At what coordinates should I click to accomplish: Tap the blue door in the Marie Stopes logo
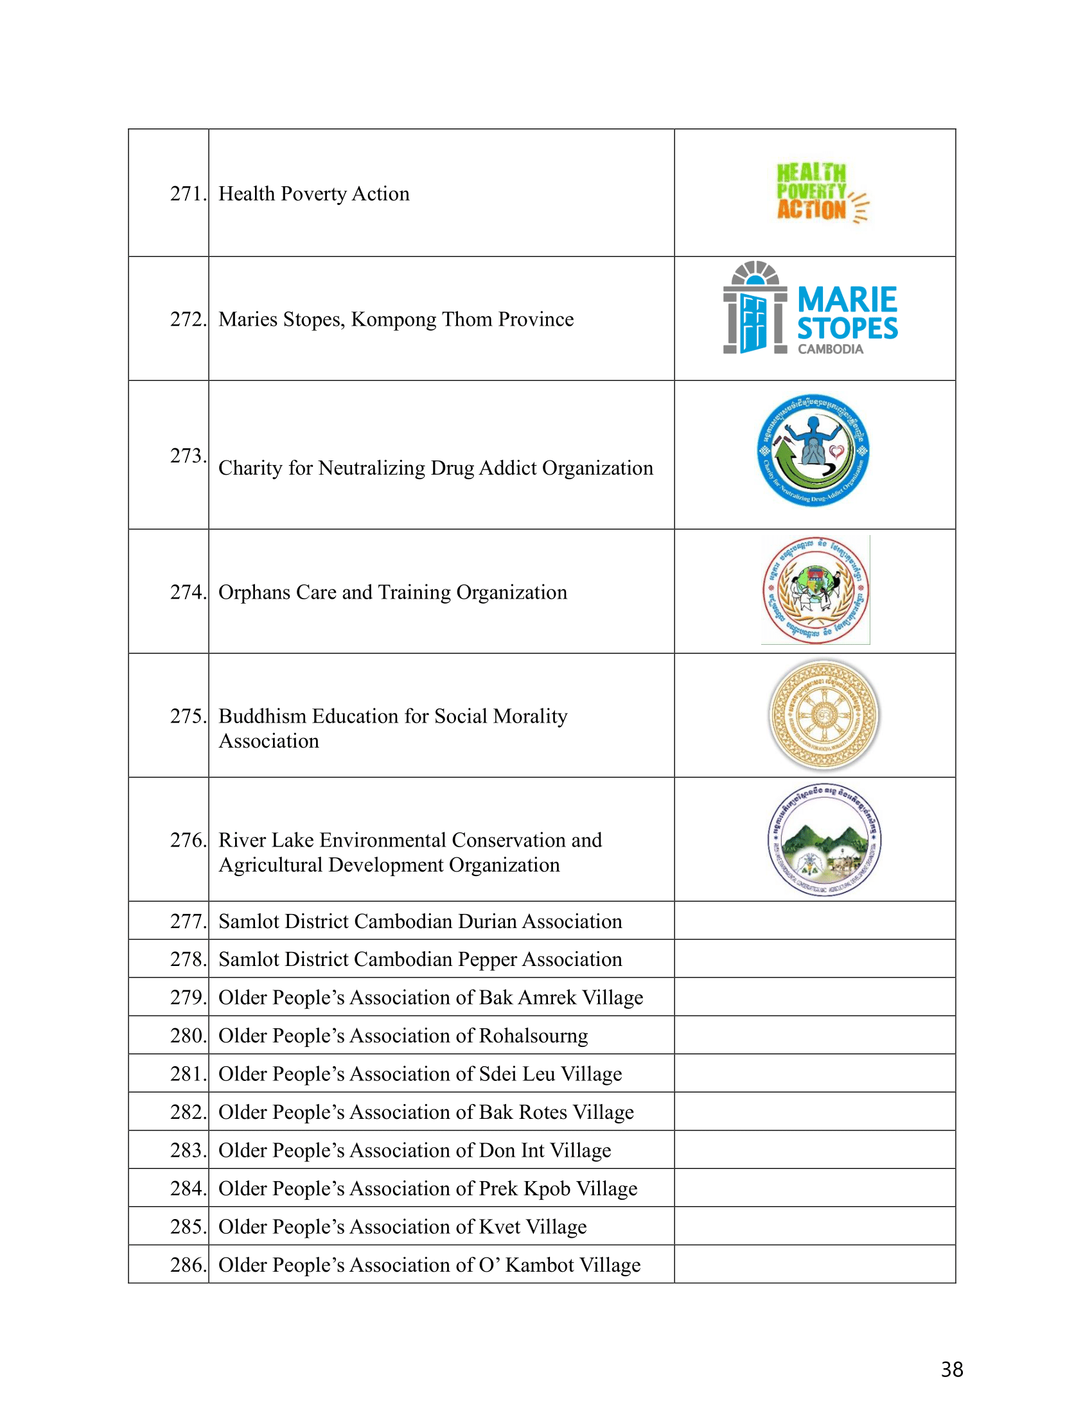[753, 322]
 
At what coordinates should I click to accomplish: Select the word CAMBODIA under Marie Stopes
[830, 349]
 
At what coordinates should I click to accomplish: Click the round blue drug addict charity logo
[813, 450]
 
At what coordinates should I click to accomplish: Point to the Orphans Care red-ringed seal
[815, 590]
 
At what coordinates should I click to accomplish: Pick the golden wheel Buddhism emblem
[823, 715]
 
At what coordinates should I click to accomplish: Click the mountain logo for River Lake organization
[824, 840]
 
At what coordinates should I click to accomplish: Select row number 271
[187, 193]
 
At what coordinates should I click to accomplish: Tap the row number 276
[187, 840]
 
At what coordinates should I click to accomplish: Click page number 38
[951, 1370]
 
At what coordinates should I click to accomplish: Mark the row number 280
[187, 1036]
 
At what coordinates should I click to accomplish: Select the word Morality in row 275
[530, 716]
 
